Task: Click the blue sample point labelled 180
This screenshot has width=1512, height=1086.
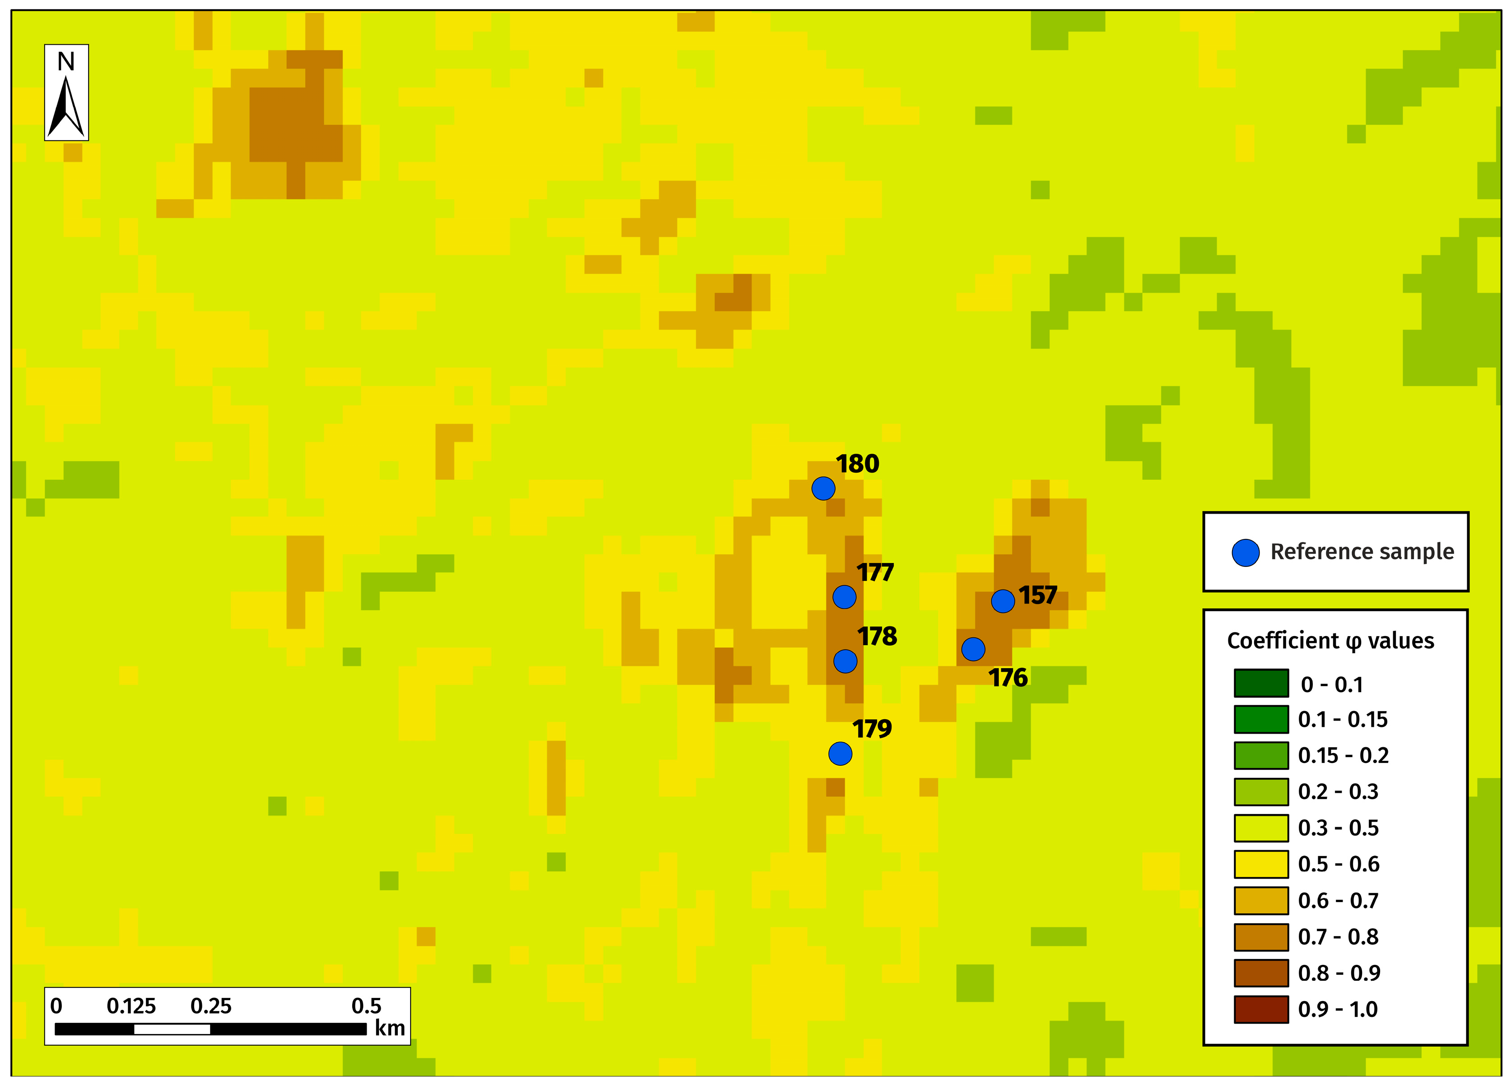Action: tap(823, 489)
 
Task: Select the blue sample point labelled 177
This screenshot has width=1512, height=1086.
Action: tap(844, 597)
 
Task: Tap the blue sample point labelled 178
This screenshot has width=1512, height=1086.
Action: tap(845, 661)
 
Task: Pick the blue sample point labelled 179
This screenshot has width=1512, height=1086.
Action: tap(840, 754)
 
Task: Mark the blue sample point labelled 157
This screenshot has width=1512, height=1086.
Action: tap(1003, 601)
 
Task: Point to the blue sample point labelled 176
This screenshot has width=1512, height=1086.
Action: tap(973, 649)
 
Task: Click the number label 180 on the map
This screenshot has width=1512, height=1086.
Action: tap(857, 463)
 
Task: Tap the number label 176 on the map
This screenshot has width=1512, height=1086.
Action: tap(1008, 678)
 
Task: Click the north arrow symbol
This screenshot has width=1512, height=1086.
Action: tap(66, 107)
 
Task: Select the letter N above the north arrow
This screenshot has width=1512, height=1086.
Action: tap(66, 62)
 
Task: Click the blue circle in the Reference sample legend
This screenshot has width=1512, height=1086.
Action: tap(1246, 552)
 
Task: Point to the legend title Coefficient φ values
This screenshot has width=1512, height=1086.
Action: tap(1330, 641)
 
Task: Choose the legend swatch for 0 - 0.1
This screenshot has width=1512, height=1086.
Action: tap(1260, 683)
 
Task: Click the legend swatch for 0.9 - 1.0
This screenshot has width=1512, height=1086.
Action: tap(1260, 1009)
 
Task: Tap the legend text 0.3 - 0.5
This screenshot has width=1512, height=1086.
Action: tap(1338, 828)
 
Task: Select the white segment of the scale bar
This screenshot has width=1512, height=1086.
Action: tap(172, 1030)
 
